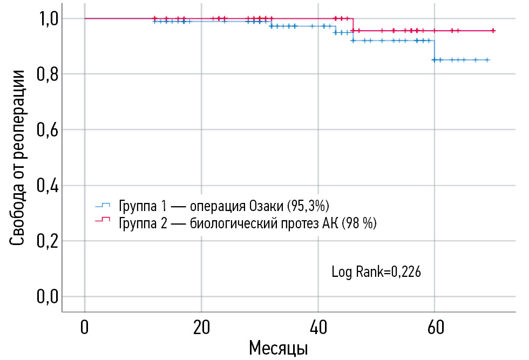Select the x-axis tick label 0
pos(85,327)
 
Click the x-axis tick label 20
pos(201,327)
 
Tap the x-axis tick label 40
pos(318,327)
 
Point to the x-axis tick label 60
pos(435,327)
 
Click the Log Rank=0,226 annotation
pos(376,271)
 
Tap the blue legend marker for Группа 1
pos(102,205)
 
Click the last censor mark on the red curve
pos(493,31)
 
